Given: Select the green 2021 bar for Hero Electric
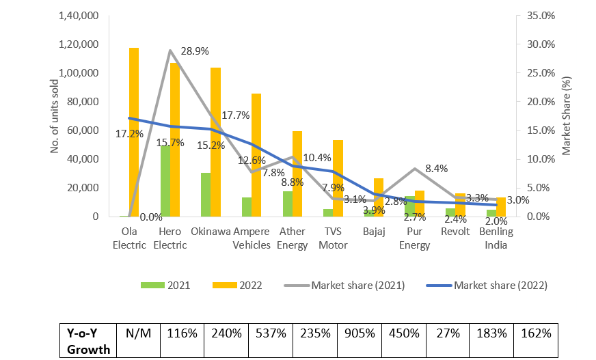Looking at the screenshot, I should (x=165, y=181).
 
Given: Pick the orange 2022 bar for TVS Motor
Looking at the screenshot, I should (x=338, y=178).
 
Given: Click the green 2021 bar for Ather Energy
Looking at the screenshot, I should (x=287, y=204).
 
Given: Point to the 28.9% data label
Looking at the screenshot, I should (x=195, y=51).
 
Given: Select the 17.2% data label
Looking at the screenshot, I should (x=129, y=134).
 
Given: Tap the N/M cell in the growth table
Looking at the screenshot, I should (x=138, y=334).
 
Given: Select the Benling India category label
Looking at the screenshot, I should (x=496, y=238).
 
